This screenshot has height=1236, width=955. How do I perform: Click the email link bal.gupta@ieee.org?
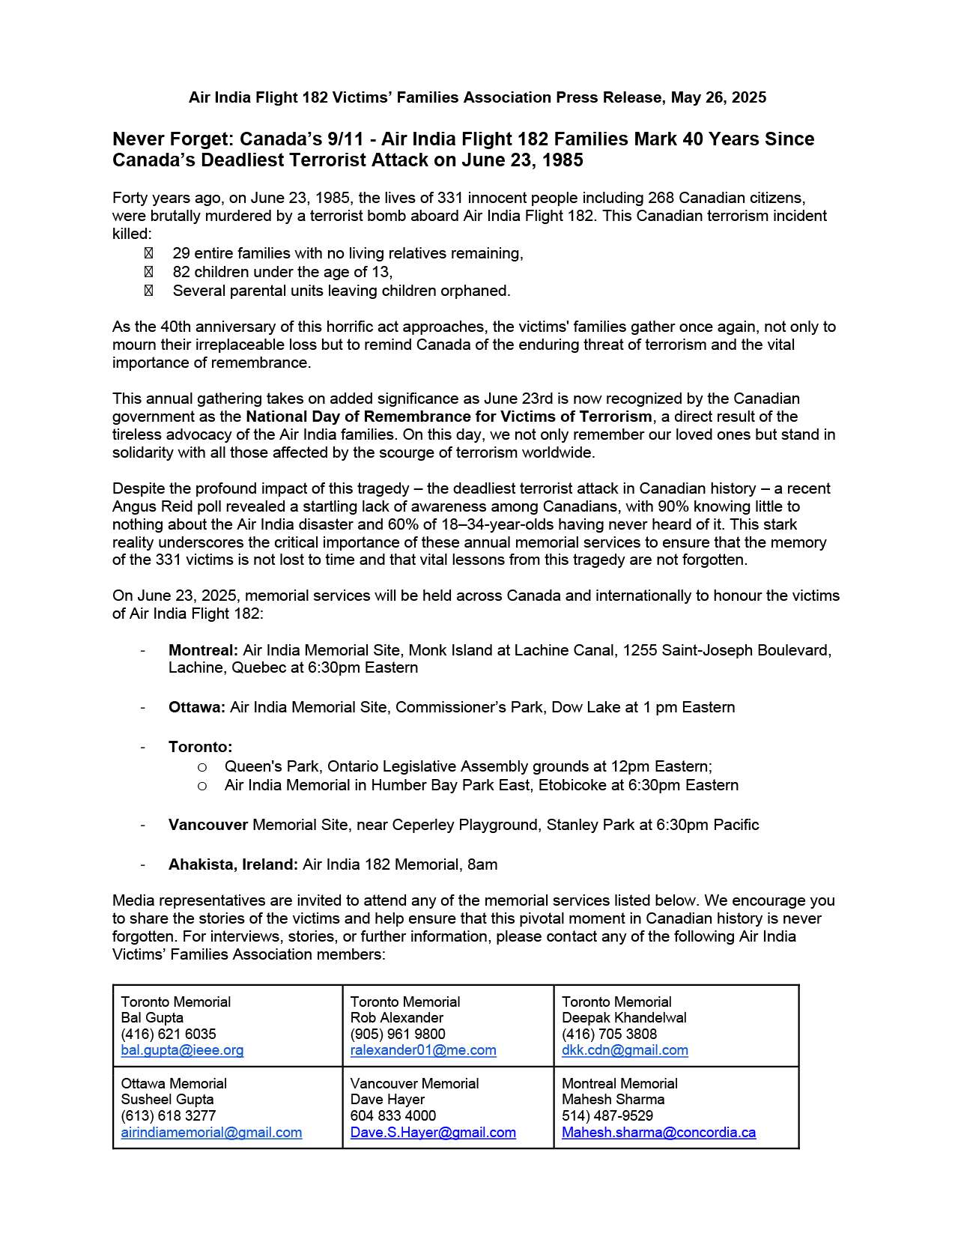(182, 1050)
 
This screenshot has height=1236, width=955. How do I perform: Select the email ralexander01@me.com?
(423, 1050)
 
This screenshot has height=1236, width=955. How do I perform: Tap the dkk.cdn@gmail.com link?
(625, 1050)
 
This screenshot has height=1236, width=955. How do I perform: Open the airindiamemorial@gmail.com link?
(211, 1133)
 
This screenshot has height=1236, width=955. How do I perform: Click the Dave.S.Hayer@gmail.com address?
(433, 1133)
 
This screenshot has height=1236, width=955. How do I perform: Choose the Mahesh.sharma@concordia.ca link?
(658, 1133)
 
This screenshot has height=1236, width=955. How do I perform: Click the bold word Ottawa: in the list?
(196, 707)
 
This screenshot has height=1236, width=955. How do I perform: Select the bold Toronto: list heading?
(200, 747)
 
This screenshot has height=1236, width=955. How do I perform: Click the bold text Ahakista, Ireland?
(233, 864)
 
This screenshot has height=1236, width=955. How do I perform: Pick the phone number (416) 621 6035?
(169, 1034)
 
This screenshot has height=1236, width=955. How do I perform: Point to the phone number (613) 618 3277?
(169, 1116)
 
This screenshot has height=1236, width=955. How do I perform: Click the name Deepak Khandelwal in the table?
(624, 1018)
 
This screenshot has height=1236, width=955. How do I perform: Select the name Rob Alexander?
(396, 1018)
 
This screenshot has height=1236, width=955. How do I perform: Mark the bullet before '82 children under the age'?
(148, 272)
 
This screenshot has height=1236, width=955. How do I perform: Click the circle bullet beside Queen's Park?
(201, 767)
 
